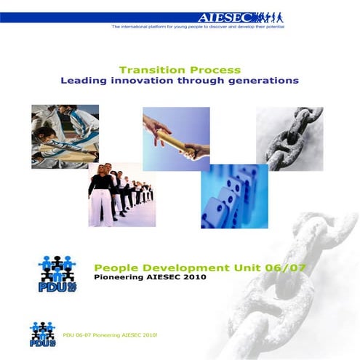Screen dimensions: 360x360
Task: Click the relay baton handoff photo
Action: point(176,138)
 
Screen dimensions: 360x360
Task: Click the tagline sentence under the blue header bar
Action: point(198,26)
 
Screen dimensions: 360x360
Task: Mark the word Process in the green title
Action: point(215,70)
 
